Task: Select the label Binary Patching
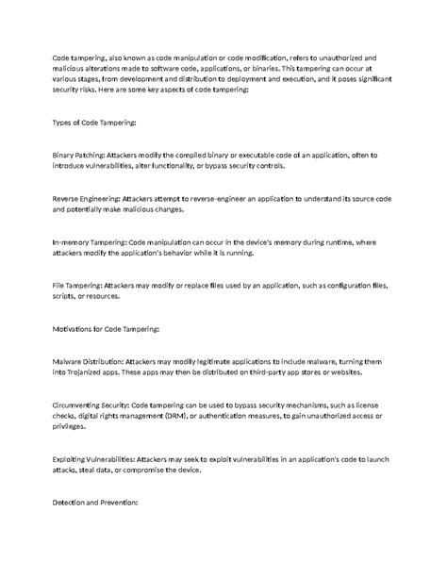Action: tap(78, 154)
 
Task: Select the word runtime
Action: tap(332, 241)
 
